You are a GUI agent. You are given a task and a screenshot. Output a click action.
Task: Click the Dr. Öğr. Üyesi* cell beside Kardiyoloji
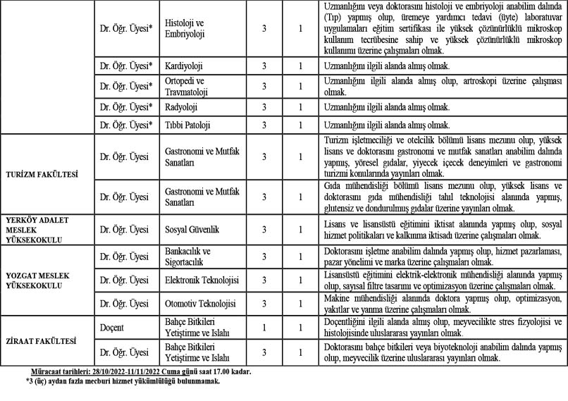[x=126, y=66]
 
